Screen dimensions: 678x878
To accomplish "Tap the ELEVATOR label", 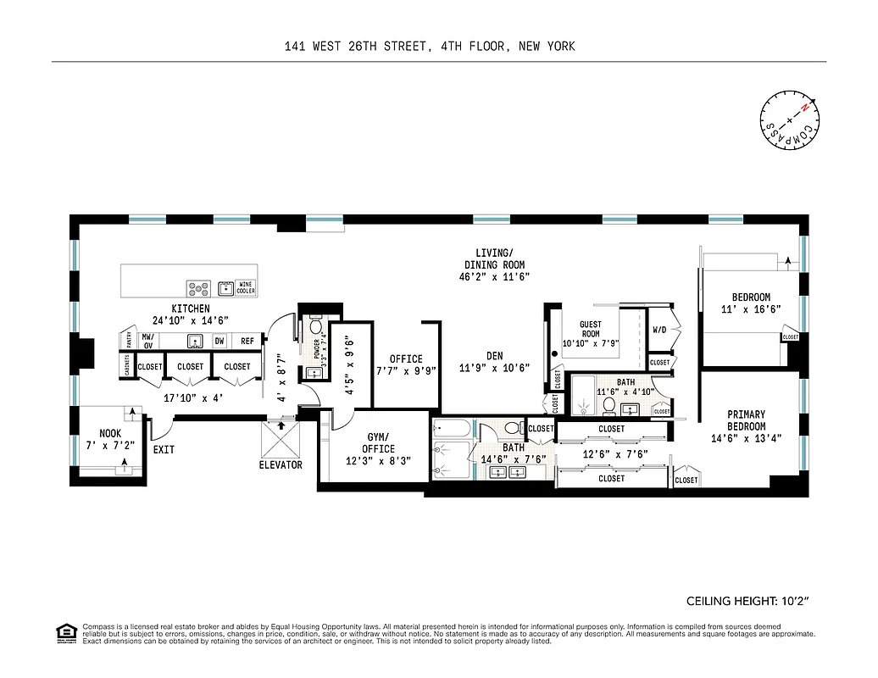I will [281, 464].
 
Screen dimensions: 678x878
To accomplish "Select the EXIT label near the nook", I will [164, 449].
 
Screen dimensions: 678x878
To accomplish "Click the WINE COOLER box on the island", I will [246, 288].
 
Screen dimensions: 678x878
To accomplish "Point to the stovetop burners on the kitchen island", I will [199, 288].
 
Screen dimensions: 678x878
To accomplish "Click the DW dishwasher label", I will [219, 341].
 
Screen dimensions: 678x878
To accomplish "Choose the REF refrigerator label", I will [247, 341].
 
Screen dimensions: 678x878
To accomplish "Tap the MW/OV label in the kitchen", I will [147, 341].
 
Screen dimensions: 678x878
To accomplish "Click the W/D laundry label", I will [659, 330].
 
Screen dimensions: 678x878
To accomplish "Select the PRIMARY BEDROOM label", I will [746, 420].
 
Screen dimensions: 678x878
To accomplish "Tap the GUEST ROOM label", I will [590, 329].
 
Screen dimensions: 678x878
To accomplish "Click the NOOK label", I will [110, 433].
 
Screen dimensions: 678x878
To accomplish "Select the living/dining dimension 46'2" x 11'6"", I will [494, 276].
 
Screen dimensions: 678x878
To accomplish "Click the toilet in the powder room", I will [315, 327].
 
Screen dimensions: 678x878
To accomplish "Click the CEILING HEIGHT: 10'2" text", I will [747, 601].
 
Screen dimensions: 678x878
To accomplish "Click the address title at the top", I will [430, 47].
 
